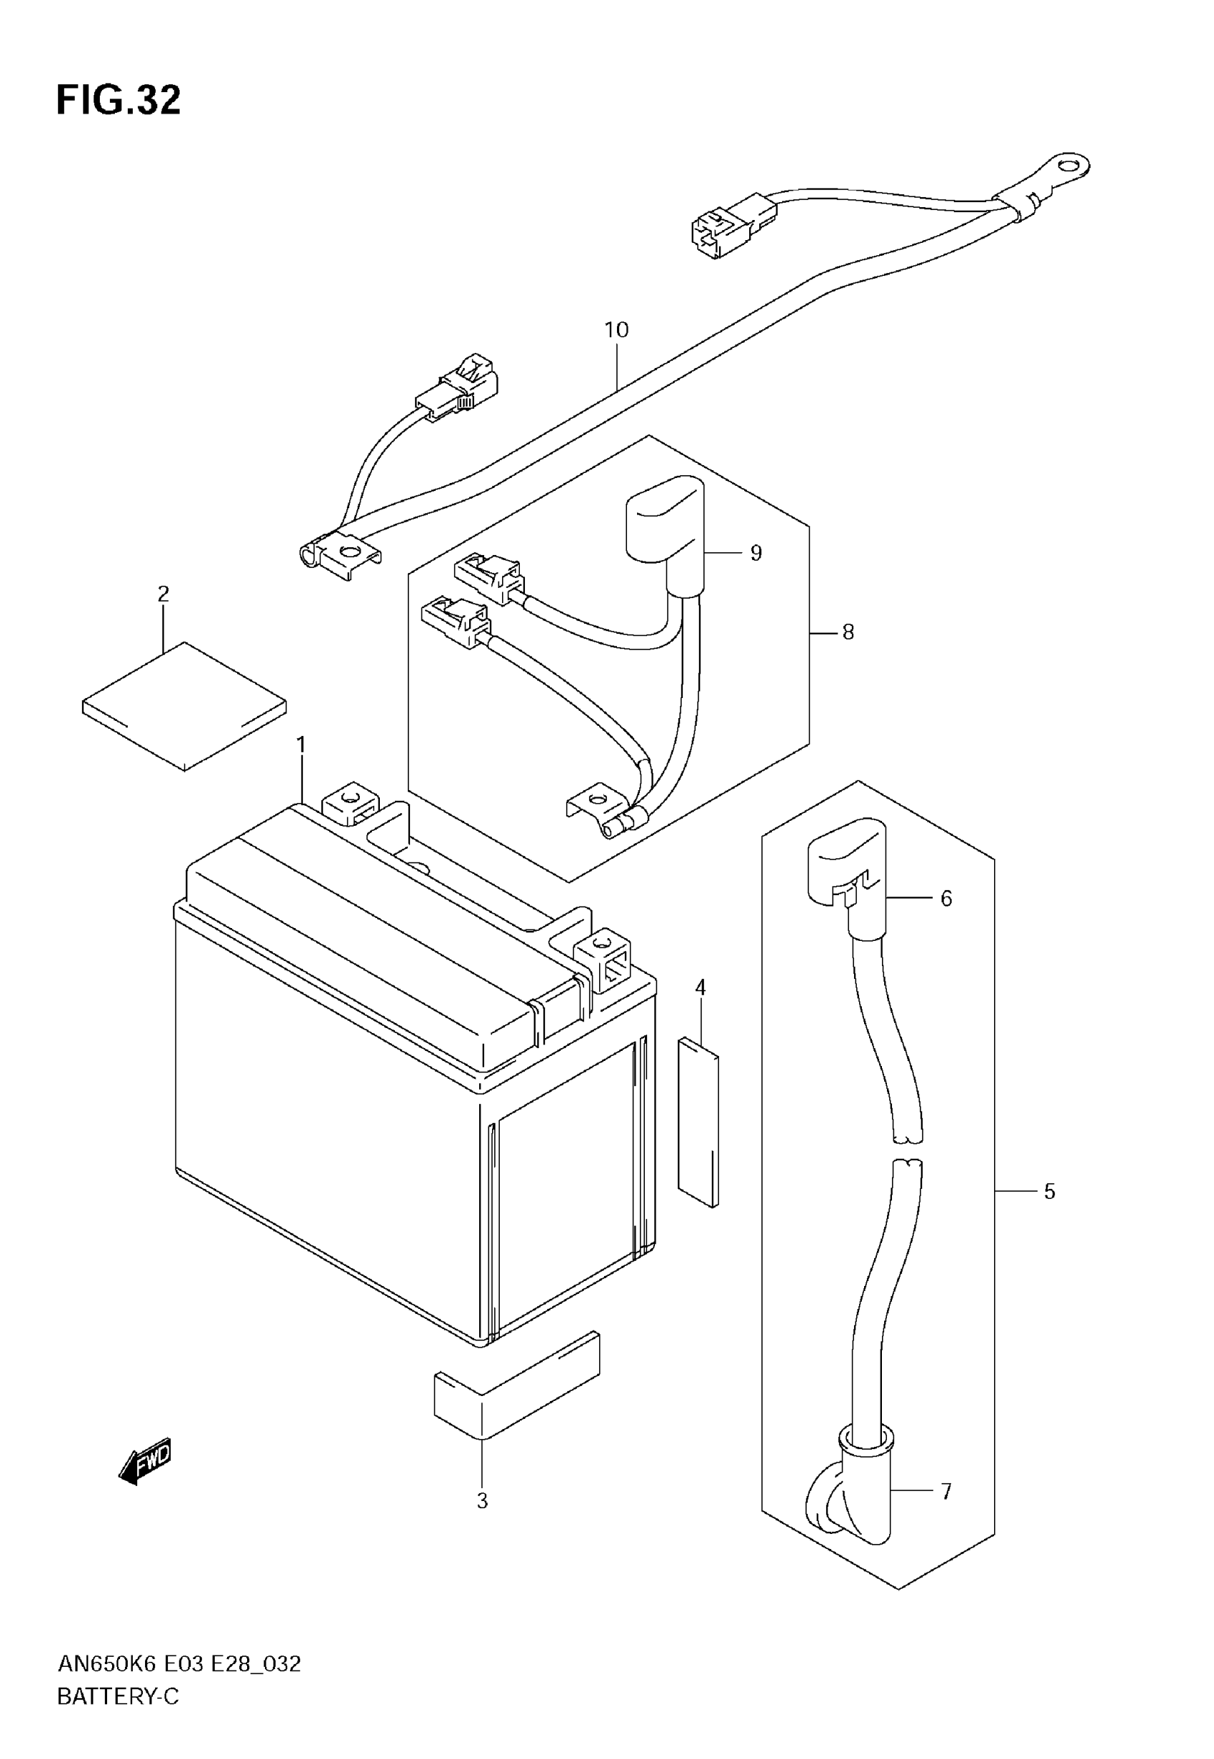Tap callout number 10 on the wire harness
point(616,330)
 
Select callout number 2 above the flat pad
point(164,594)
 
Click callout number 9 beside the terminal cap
point(756,553)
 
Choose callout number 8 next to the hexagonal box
point(848,632)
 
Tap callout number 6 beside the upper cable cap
point(946,899)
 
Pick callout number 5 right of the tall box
point(1050,1192)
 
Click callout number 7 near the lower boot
point(946,1492)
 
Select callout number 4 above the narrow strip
point(701,987)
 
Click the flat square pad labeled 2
point(184,706)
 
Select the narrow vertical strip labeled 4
point(698,1122)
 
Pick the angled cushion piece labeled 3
point(517,1385)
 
